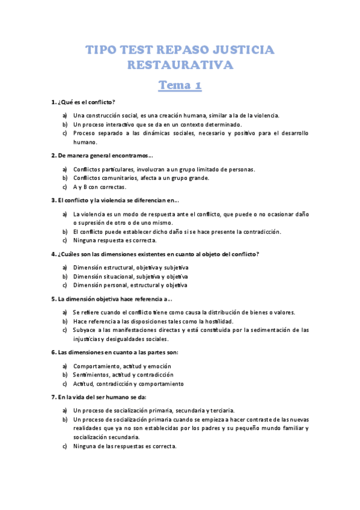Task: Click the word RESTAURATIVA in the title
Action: [180, 64]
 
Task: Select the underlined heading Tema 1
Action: [180, 86]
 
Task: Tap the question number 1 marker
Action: [53, 102]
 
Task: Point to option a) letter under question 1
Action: [64, 115]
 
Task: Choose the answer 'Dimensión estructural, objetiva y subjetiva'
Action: [130, 267]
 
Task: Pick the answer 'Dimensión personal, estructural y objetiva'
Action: [130, 285]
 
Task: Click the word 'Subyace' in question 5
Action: [84, 330]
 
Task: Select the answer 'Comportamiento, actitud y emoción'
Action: [122, 366]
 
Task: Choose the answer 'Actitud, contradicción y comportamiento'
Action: [129, 384]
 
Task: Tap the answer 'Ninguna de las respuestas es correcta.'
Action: [125, 446]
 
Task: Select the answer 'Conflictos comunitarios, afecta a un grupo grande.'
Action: [141, 178]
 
